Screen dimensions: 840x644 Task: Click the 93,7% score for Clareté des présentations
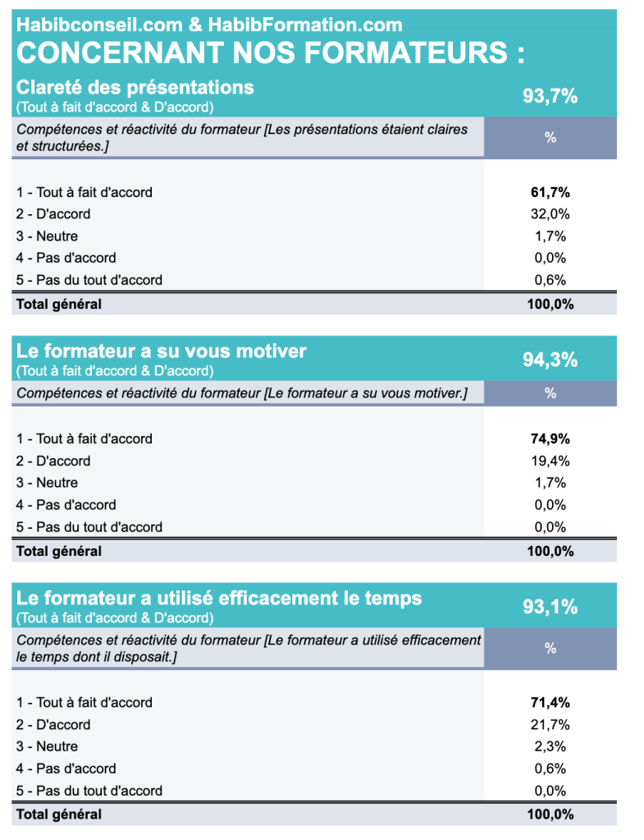pos(550,96)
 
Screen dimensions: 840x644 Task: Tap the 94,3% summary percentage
pos(550,360)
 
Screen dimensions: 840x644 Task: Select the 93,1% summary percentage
pos(550,607)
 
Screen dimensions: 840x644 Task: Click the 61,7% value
pos(550,192)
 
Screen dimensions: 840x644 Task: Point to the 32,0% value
pos(550,214)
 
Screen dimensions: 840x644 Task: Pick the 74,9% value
pos(550,438)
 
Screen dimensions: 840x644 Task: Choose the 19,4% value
pos(550,461)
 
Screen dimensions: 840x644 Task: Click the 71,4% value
pos(550,702)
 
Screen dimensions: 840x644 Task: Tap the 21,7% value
pos(550,724)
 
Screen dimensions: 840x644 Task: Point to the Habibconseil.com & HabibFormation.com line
pos(209,25)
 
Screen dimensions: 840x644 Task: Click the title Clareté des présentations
pos(135,87)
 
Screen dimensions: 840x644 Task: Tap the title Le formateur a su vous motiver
pos(162,351)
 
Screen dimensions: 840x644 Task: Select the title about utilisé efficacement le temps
pos(219,598)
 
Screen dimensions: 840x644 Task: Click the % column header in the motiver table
pos(550,393)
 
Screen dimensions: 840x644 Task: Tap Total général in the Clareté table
pos(59,305)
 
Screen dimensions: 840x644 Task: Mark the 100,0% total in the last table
pos(550,815)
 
